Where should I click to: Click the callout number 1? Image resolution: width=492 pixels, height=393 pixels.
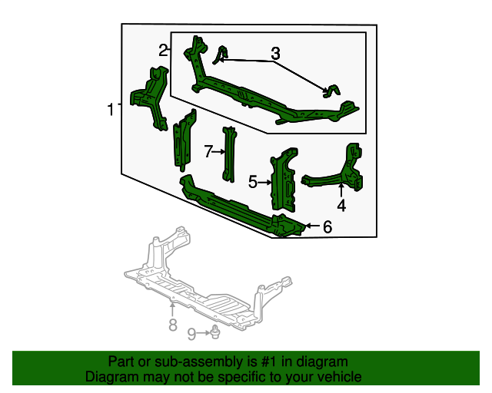(x=111, y=110)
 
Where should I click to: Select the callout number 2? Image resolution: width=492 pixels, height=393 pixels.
(x=163, y=51)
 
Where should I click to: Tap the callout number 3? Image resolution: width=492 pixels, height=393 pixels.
(x=275, y=54)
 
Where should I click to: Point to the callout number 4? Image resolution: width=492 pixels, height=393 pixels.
(x=341, y=205)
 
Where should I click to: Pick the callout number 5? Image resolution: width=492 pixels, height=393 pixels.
(x=253, y=182)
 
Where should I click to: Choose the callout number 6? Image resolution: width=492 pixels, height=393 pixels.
(x=327, y=226)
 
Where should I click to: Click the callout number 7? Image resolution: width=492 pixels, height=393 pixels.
(x=208, y=152)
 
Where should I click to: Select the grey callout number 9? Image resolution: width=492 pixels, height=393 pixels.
(x=191, y=333)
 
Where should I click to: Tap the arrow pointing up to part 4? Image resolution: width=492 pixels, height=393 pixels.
(x=341, y=190)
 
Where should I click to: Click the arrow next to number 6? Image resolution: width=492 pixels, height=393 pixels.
(x=311, y=226)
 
